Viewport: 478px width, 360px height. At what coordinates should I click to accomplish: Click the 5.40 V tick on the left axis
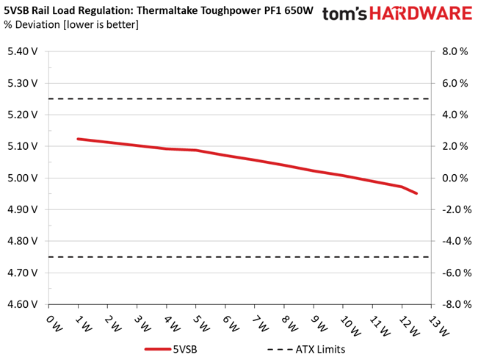(x=22, y=51)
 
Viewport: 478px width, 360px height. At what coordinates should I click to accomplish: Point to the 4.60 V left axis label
(x=22, y=304)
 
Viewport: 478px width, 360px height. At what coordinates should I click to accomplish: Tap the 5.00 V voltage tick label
(x=22, y=178)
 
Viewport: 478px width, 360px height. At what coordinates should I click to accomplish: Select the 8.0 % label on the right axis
(x=455, y=51)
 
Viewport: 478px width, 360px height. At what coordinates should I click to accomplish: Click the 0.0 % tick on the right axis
(x=455, y=178)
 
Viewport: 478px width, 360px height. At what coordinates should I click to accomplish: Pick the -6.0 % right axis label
(x=457, y=273)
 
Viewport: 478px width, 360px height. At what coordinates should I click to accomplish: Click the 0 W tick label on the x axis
(x=54, y=323)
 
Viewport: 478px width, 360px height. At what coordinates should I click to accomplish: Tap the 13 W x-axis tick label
(x=438, y=325)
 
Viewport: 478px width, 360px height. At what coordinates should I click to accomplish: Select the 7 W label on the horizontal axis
(x=261, y=323)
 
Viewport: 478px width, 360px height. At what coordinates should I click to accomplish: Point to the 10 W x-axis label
(x=350, y=325)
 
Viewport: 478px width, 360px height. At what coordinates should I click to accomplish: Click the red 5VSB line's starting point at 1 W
(x=79, y=139)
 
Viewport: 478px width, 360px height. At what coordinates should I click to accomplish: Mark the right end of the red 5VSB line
(x=416, y=193)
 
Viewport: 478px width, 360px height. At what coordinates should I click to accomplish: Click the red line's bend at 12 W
(x=402, y=187)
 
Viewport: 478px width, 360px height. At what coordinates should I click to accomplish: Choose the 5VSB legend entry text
(x=185, y=349)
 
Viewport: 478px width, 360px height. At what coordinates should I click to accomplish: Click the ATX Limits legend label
(x=320, y=349)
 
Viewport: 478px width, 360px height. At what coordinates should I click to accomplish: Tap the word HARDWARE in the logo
(x=421, y=13)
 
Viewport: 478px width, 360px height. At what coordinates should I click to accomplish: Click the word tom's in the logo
(x=344, y=14)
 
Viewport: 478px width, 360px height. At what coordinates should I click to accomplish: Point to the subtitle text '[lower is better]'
(x=101, y=25)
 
